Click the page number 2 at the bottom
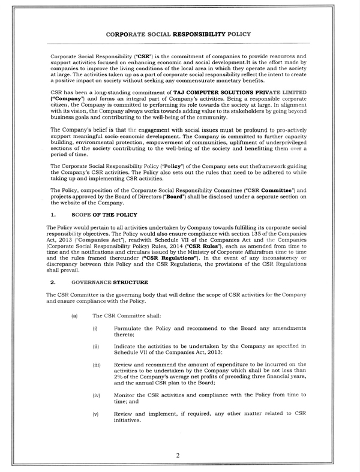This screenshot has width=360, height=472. pyautogui.click(x=178, y=455)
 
